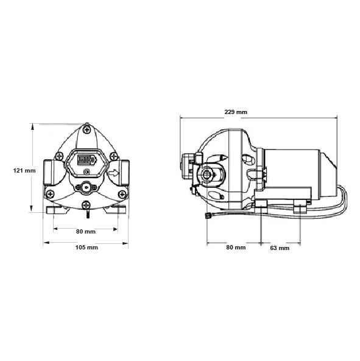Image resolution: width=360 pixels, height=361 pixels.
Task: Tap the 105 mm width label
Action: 86,248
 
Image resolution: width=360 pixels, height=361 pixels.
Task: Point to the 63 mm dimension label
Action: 279,248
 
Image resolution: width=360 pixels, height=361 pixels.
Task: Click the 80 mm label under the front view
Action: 86,232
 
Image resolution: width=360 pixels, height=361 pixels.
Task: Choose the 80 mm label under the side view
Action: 236,248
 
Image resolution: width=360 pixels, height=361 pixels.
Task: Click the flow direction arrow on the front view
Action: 114,173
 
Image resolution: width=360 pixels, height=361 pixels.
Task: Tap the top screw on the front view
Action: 86,129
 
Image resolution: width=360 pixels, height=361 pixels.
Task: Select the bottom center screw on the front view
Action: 86,203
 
